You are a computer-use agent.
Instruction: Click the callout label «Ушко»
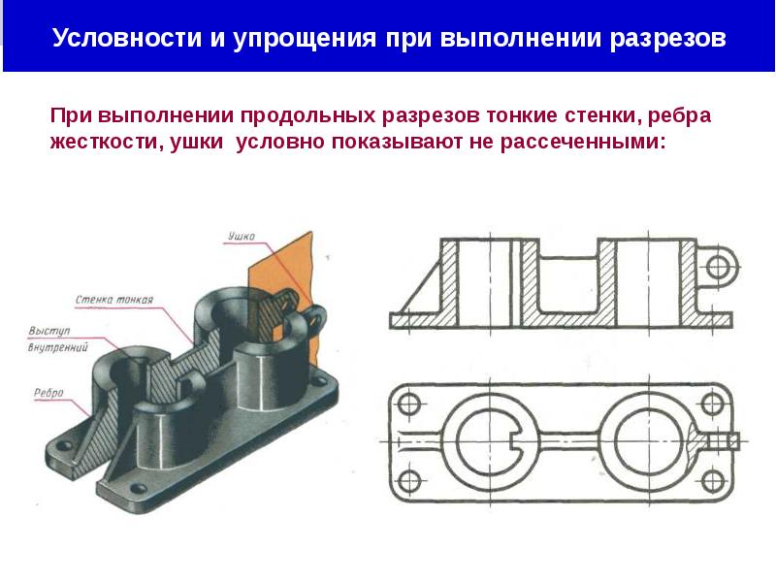point(242,236)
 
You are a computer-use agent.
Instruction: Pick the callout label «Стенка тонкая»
point(113,299)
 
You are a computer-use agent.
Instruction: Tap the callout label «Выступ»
point(45,330)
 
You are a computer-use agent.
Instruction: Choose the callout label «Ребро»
point(47,392)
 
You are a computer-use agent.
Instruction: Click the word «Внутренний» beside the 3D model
point(57,346)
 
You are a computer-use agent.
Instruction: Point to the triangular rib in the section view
point(417,291)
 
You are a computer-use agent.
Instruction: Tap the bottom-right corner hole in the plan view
point(719,478)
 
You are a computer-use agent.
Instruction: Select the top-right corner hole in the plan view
point(719,404)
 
